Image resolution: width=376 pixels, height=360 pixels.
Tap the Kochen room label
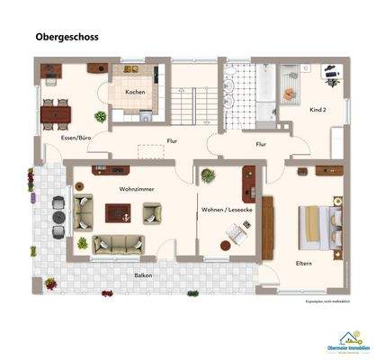tap(135, 93)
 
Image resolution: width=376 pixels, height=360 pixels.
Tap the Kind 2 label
tap(316, 109)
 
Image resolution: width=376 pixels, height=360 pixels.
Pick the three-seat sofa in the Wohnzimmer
tap(116, 243)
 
